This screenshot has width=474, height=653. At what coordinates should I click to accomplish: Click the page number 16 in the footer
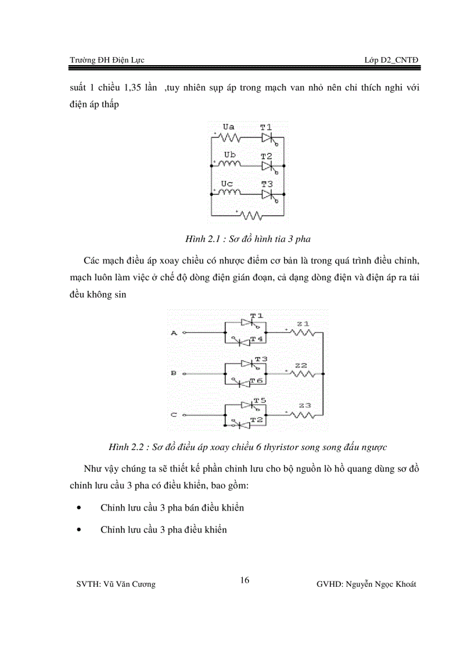[245, 580]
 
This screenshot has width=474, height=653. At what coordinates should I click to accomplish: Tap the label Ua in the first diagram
[229, 126]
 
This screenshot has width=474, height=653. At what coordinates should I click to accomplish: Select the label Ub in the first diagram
[229, 155]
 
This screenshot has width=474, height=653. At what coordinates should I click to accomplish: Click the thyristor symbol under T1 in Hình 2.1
[267, 138]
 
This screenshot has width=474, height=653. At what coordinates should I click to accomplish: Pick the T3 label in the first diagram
[266, 184]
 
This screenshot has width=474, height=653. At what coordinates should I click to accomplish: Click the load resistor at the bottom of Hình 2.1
[252, 216]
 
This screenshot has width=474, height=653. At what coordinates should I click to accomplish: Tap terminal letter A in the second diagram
[173, 333]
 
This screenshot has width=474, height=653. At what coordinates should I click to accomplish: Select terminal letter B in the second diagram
[173, 373]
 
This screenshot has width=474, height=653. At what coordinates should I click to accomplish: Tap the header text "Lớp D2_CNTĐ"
[391, 60]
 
